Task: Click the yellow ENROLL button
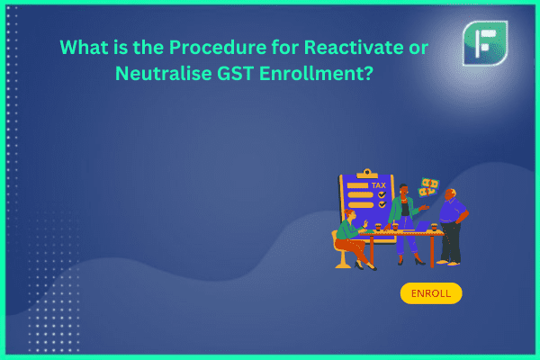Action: tap(431, 293)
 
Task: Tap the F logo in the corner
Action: tap(485, 43)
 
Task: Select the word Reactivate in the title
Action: tap(354, 47)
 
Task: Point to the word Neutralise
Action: tap(163, 73)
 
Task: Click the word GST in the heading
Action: tap(235, 73)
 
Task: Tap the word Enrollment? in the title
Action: tap(316, 73)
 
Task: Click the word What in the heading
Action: tap(84, 47)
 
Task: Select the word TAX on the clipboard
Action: tap(379, 185)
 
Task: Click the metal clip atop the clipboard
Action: tap(367, 174)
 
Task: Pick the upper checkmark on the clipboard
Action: tap(382, 194)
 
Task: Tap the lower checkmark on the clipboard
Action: tap(382, 204)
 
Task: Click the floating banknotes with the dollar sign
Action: tap(428, 187)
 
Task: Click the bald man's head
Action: tap(450, 194)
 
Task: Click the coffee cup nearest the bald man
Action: tap(434, 227)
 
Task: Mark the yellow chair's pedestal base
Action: tap(343, 264)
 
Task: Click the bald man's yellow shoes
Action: tap(448, 263)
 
